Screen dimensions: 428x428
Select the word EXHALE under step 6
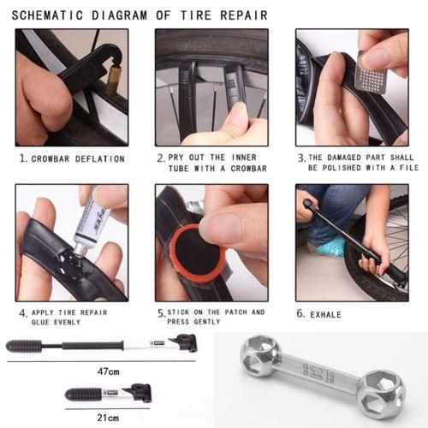(326, 314)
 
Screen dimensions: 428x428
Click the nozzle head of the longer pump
(185, 344)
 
